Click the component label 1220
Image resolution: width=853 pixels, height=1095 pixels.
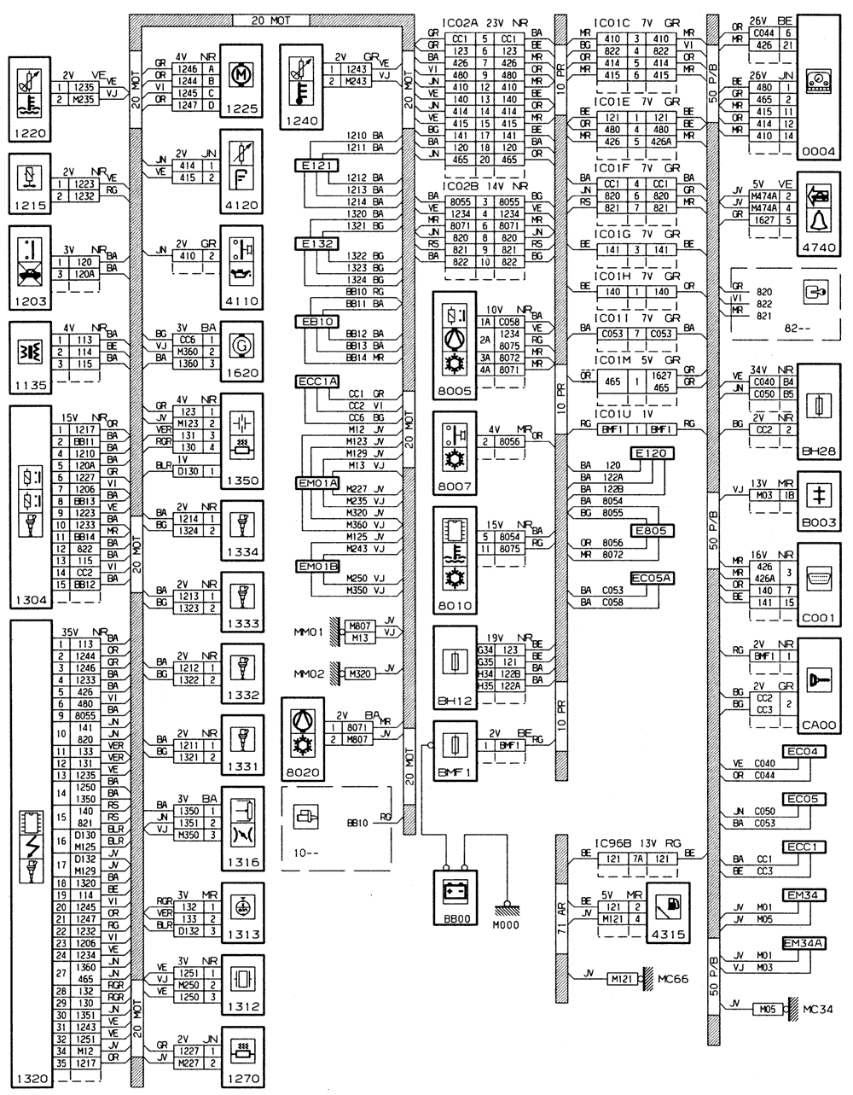[29, 132]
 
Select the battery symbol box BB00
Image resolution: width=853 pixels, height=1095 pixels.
[456, 895]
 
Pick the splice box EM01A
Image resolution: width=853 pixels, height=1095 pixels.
[317, 483]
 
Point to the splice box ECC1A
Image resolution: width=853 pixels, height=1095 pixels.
[317, 381]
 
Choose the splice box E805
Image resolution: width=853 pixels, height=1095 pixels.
[652, 531]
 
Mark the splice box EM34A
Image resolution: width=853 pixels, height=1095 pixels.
[804, 943]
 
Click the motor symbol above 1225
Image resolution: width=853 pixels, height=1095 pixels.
[240, 74]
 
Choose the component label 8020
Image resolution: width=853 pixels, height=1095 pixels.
[303, 772]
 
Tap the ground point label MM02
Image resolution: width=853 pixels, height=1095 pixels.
[310, 673]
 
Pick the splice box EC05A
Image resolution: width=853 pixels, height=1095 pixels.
[653, 580]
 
